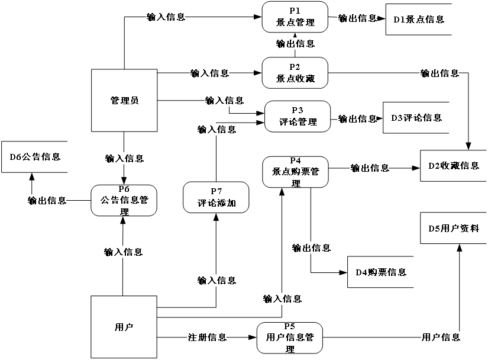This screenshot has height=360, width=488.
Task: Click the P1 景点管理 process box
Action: click(295, 17)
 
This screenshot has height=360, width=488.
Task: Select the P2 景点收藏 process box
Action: click(295, 73)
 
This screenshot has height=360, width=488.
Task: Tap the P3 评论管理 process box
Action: click(297, 116)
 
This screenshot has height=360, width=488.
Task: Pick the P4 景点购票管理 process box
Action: click(295, 172)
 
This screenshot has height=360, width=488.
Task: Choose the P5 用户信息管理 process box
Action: click(289, 337)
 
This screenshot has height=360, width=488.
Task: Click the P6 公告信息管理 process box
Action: click(124, 200)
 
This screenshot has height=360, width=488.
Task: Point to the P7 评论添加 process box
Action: click(216, 197)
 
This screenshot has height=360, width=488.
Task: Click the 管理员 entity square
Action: click(124, 100)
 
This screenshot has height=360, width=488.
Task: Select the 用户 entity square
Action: click(124, 327)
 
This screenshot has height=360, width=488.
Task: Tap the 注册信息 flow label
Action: click(207, 337)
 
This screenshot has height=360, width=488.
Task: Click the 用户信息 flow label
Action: click(440, 337)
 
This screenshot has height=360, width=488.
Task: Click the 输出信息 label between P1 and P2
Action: click(295, 43)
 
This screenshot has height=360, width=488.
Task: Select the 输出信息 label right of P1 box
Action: click(357, 18)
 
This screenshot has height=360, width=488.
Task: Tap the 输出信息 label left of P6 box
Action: click(47, 201)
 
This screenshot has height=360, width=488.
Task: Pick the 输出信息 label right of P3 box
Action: click(357, 119)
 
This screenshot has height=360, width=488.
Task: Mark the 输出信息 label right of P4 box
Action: click(370, 168)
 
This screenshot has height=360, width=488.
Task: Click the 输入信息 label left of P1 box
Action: click(166, 17)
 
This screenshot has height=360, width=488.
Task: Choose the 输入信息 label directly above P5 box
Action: click(282, 299)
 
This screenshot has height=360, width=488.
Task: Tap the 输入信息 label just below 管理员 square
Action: click(124, 159)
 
